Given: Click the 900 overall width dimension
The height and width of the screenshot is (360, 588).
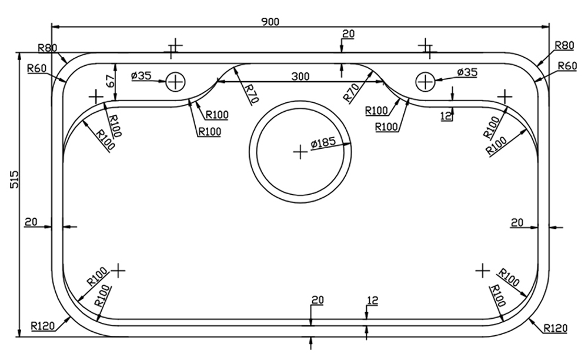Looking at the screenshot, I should click(270, 21).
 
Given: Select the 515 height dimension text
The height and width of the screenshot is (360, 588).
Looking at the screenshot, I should click(15, 179).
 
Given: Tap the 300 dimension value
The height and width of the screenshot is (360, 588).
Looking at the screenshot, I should click(300, 76).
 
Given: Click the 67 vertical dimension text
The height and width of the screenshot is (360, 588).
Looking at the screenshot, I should click(109, 81).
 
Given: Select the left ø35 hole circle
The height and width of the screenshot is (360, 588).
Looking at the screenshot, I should click(175, 81).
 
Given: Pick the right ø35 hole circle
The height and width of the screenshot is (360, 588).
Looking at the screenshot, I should click(425, 81).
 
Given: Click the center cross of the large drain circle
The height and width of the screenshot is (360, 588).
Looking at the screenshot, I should click(300, 152).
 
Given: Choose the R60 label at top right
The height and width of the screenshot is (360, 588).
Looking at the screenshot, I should click(567, 66).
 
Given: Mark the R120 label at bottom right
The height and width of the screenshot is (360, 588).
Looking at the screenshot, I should click(556, 328).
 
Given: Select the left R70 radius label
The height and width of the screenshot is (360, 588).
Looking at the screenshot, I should click(249, 93).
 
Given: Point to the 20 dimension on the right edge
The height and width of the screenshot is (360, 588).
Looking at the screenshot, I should click(517, 222).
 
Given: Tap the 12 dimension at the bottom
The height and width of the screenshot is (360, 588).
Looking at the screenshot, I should click(372, 301).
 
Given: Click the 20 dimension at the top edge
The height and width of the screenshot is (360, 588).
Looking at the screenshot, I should click(348, 34).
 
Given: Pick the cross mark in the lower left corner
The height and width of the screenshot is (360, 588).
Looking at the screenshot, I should click(119, 270).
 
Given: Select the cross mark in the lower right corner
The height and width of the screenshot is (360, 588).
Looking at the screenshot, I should click(482, 270).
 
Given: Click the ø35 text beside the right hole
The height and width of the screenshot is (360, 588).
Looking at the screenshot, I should click(467, 72).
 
